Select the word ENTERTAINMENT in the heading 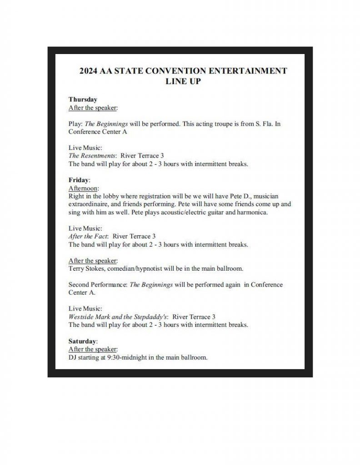coord(248,71)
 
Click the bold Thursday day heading coord(83,99)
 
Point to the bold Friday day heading coord(79,180)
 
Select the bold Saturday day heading coord(83,341)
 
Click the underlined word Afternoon coord(84,188)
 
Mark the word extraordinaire coord(89,204)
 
